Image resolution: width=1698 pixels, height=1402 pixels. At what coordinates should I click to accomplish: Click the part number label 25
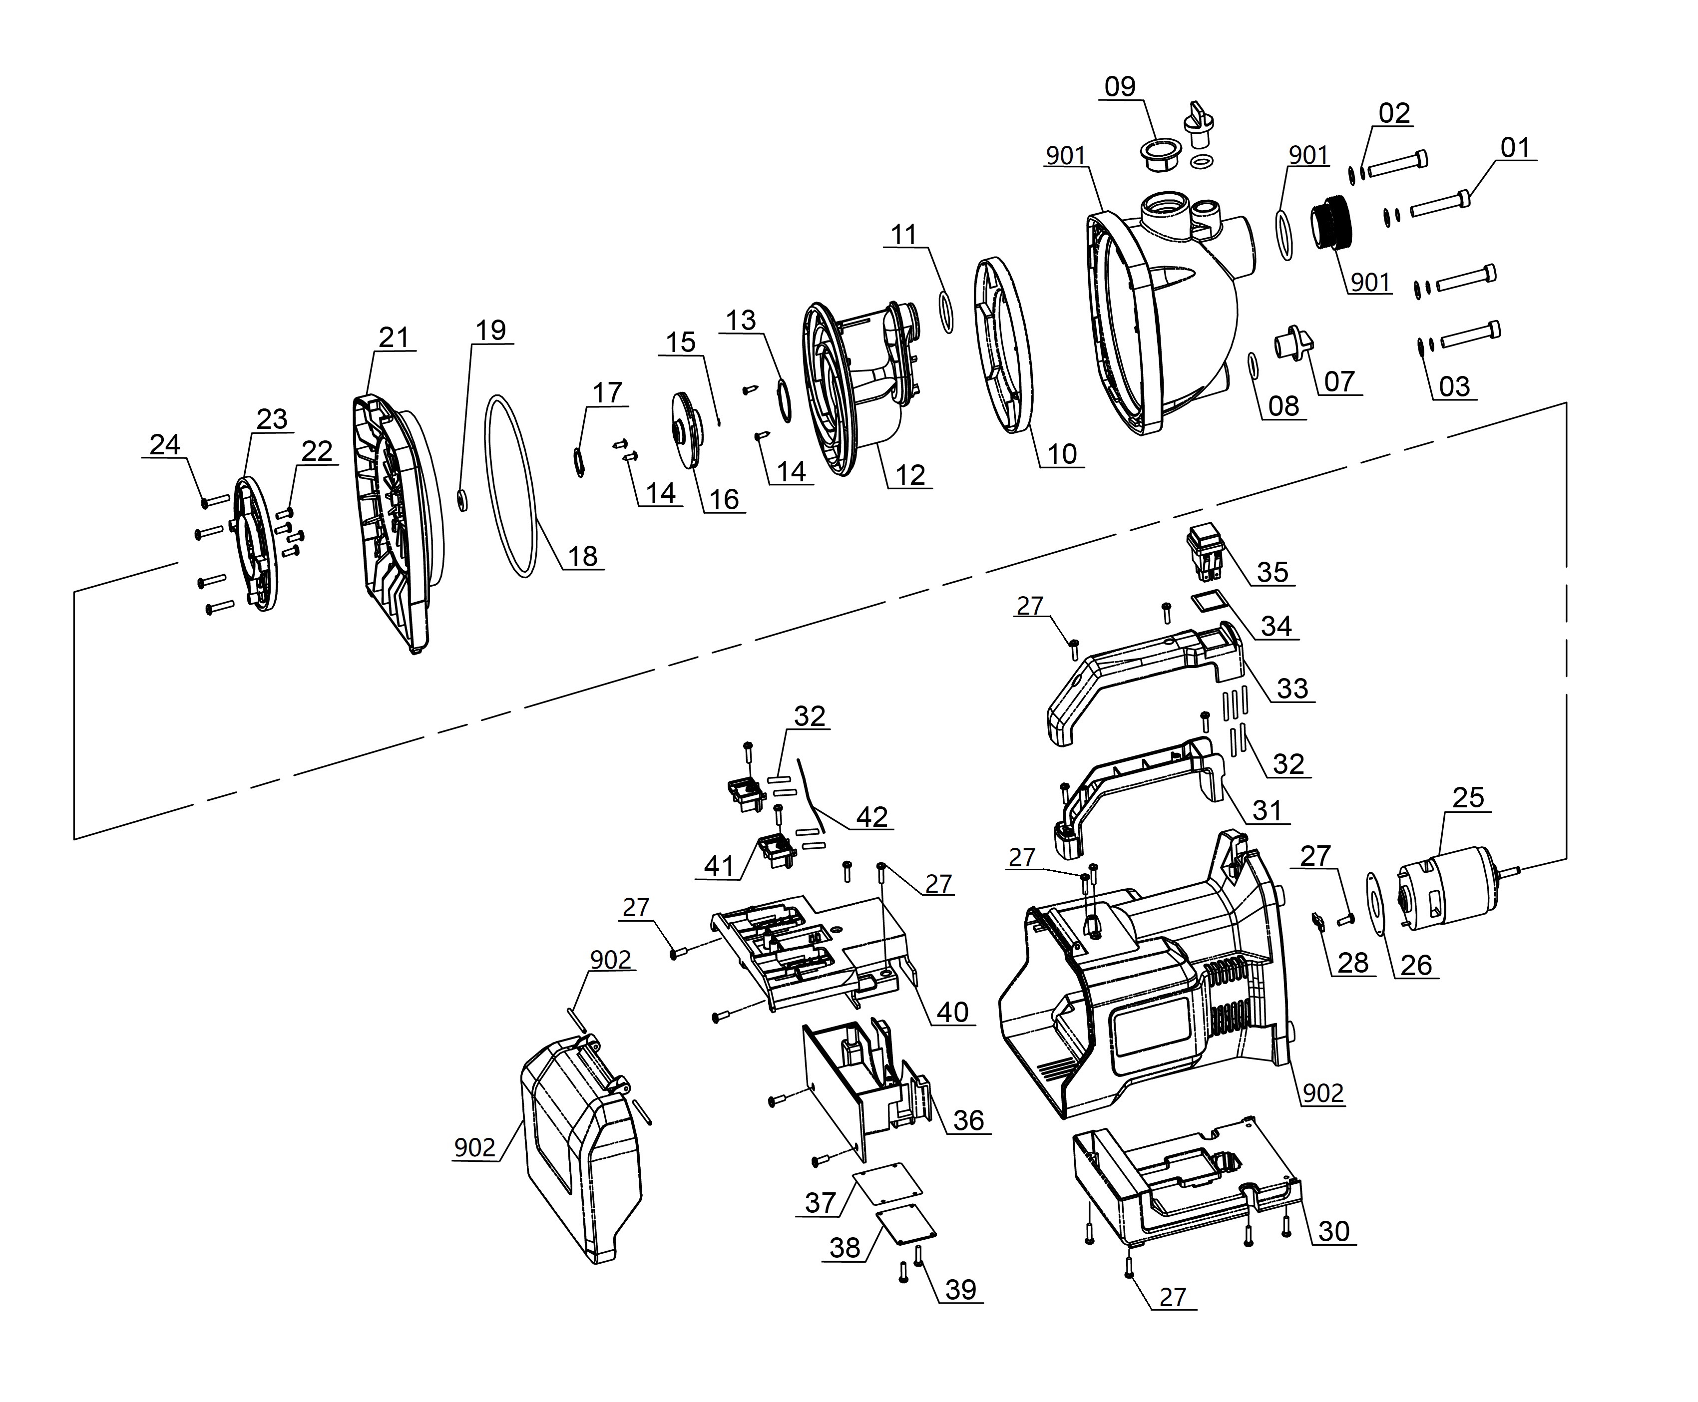[x=1468, y=798]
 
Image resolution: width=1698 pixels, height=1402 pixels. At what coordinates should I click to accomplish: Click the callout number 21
[x=394, y=338]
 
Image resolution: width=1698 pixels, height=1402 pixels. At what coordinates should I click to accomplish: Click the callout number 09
[x=1120, y=86]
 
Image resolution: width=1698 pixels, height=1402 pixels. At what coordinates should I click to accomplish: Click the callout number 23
[x=271, y=419]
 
